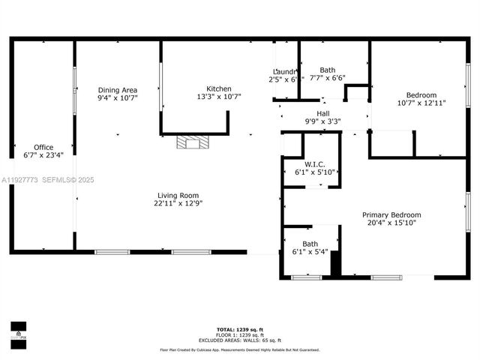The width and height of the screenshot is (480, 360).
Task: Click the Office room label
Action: pyautogui.click(x=43, y=147)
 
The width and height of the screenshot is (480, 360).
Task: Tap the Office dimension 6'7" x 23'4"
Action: pyautogui.click(x=43, y=155)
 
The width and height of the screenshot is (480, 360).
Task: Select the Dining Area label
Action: pyautogui.click(x=117, y=89)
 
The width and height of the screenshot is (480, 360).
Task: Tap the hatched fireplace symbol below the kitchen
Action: pyautogui.click(x=190, y=142)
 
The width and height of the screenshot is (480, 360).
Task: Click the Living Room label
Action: pyautogui.click(x=178, y=194)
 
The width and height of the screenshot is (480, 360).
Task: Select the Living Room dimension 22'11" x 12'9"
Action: pyautogui.click(x=178, y=202)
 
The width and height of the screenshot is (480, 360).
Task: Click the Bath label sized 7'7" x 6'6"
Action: pyautogui.click(x=327, y=70)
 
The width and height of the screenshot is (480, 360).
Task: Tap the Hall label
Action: pyautogui.click(x=322, y=113)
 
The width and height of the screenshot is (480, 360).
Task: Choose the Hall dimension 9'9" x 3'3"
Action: pyautogui.click(x=322, y=121)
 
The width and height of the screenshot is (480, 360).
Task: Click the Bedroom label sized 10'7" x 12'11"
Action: pyautogui.click(x=421, y=95)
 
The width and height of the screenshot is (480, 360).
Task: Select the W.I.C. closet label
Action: pyautogui.click(x=313, y=164)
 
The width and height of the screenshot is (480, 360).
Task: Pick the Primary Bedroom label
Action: pyautogui.click(x=391, y=214)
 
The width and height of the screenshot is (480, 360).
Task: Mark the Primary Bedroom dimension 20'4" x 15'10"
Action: pyautogui.click(x=391, y=223)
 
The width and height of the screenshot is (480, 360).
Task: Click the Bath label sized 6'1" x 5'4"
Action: pyautogui.click(x=310, y=244)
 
